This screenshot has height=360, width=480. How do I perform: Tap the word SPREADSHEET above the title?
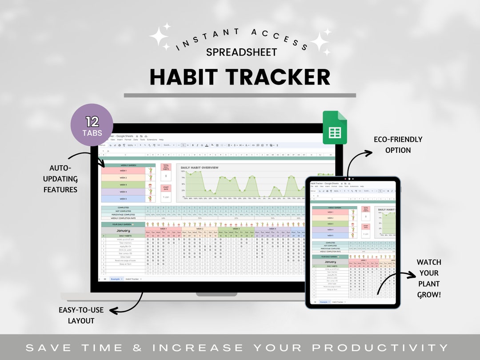[241, 52]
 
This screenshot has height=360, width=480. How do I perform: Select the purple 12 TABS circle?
[92, 125]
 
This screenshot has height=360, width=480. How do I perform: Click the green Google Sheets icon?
[334, 128]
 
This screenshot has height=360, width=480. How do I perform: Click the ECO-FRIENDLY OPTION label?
[398, 145]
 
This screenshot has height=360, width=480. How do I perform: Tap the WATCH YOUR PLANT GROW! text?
[428, 278]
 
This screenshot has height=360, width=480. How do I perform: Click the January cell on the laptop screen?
[123, 231]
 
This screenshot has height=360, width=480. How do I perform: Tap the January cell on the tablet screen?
[331, 262]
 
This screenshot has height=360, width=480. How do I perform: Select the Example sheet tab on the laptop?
[116, 279]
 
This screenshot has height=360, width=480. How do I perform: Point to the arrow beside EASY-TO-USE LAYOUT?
[127, 304]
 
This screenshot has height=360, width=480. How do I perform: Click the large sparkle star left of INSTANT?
[159, 35]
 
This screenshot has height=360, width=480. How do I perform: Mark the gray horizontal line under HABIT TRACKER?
[240, 95]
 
